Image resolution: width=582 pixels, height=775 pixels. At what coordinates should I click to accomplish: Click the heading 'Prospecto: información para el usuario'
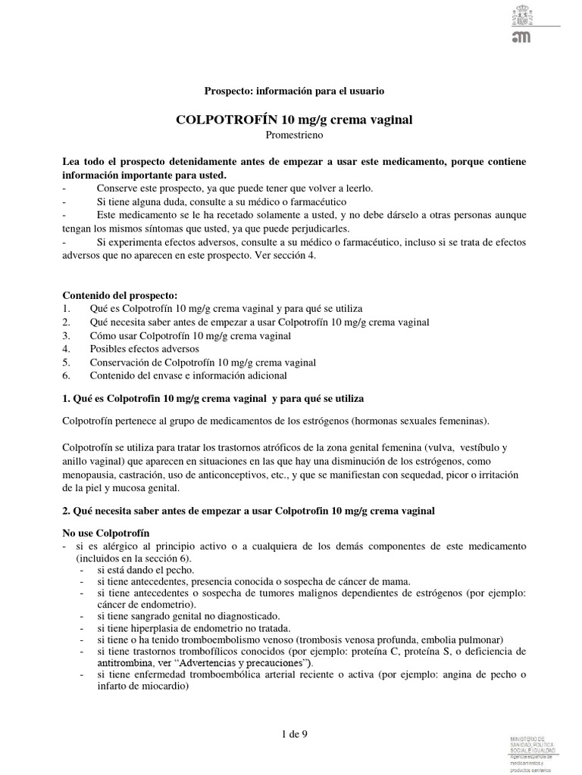coord(295,91)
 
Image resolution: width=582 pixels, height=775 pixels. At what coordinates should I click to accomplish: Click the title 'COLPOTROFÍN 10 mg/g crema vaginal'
coord(295,120)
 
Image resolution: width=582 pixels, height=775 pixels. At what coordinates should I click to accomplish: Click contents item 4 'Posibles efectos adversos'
coord(144,349)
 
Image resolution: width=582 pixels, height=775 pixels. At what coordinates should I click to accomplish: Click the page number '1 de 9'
coord(294,733)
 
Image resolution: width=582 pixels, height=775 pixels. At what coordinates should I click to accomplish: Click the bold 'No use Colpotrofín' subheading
coord(105,533)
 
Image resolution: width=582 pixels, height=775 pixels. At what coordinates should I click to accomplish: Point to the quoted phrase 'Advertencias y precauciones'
coord(236,663)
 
